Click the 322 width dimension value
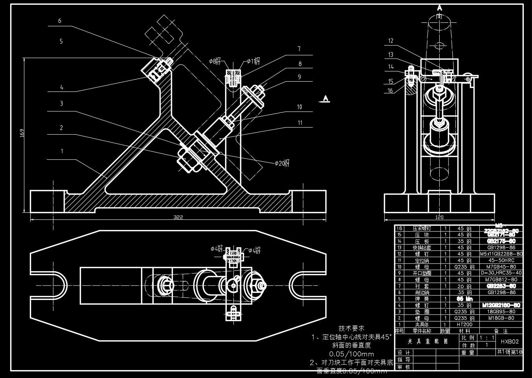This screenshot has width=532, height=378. click(178, 217)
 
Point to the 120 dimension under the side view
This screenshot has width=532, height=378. click(439, 217)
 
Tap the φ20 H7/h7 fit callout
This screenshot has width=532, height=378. click(282, 163)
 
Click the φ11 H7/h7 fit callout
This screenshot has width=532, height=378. click(253, 61)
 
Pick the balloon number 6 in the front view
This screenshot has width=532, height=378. click(60, 21)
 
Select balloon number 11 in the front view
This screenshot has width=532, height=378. click(300, 123)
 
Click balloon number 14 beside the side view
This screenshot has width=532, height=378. click(391, 67)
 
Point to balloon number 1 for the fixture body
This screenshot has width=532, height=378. click(62, 151)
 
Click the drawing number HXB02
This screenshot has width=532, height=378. click(510, 341)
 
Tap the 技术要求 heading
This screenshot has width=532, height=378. click(352, 328)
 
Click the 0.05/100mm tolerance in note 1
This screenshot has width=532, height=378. click(351, 354)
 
